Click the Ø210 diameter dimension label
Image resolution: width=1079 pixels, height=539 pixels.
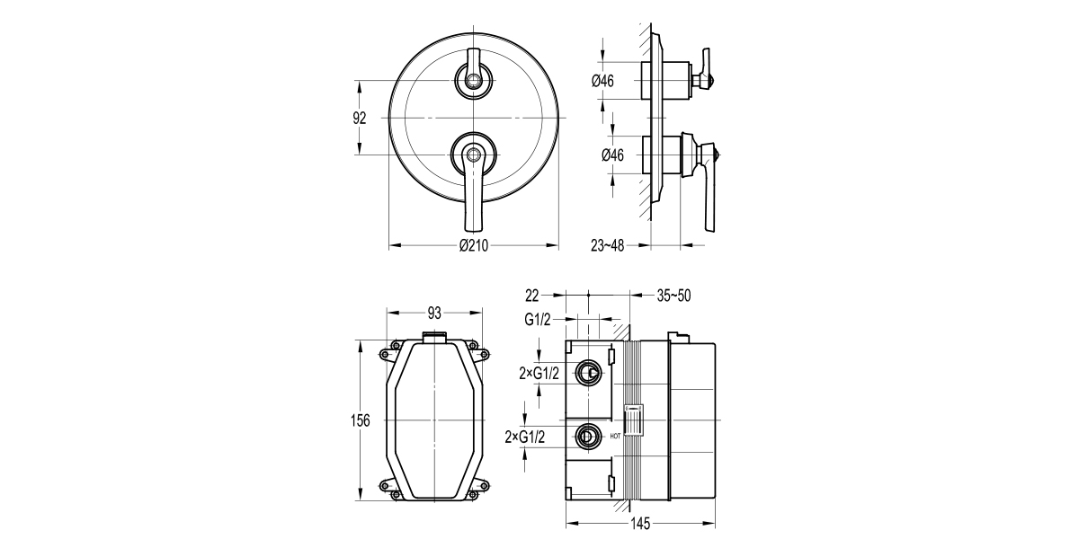click(x=473, y=247)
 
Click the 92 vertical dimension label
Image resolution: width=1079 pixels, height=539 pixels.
click(x=360, y=119)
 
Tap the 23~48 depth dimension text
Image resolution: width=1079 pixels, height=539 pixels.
click(x=608, y=245)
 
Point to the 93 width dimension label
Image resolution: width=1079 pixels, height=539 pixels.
click(x=434, y=313)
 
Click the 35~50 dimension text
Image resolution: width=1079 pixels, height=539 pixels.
click(x=673, y=295)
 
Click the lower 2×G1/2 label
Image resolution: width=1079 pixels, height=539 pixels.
click(x=528, y=437)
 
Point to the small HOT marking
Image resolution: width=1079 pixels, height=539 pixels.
click(x=615, y=437)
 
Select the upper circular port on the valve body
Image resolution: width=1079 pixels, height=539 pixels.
click(x=589, y=371)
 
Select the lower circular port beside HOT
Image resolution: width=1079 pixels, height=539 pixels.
click(x=589, y=437)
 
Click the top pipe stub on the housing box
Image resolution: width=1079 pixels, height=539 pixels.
click(x=435, y=336)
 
